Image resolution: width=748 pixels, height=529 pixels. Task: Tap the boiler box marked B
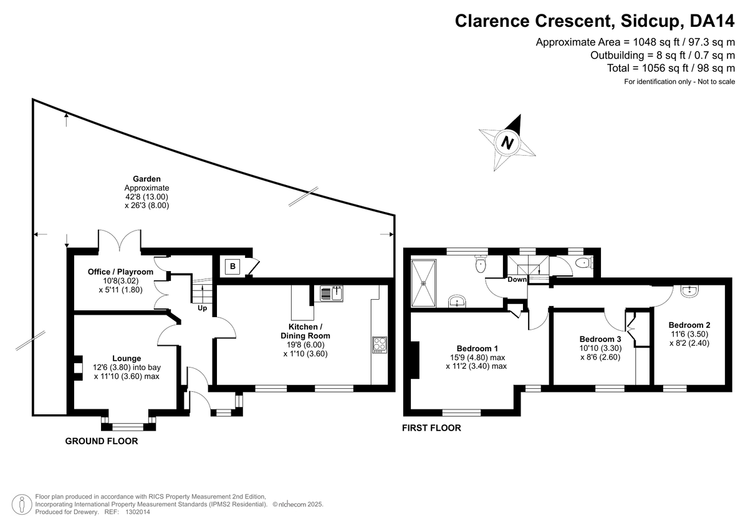coord(233,267)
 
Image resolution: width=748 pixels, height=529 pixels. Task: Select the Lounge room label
coord(127,358)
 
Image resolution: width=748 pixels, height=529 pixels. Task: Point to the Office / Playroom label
coord(121,272)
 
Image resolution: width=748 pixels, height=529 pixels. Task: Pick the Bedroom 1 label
coord(477,348)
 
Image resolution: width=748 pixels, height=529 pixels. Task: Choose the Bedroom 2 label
coord(689,325)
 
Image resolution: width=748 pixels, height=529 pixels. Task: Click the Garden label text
coord(146,179)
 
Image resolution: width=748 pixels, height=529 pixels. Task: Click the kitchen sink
coord(332,293)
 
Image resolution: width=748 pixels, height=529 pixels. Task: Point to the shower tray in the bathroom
coord(424,282)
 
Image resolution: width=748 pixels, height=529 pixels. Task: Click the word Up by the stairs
coord(203,308)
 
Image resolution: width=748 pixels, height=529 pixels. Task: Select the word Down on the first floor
coord(517,280)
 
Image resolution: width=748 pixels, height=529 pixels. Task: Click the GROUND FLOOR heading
coord(101,441)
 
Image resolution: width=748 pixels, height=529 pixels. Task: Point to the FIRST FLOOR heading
coord(431,428)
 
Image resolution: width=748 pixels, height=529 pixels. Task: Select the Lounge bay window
coord(128,427)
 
